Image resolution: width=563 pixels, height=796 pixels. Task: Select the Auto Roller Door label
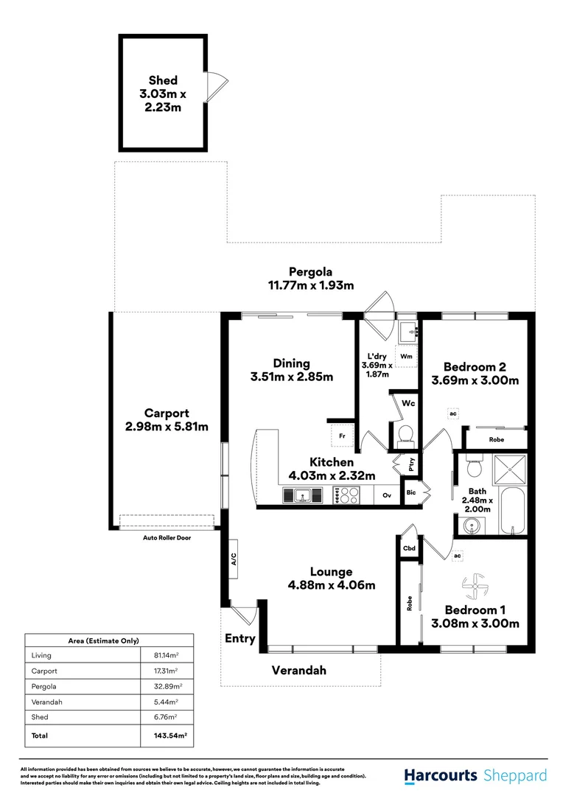167,538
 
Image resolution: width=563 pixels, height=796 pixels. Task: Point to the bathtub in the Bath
512,511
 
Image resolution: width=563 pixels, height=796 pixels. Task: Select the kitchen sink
303,496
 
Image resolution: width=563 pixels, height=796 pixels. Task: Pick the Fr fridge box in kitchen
342,436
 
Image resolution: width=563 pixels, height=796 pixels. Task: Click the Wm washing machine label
406,356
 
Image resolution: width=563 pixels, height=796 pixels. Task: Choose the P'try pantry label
403,464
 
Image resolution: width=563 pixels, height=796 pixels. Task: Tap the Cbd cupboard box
409,549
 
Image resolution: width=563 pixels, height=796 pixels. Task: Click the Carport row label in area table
44,671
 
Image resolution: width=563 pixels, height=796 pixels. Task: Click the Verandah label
299,670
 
